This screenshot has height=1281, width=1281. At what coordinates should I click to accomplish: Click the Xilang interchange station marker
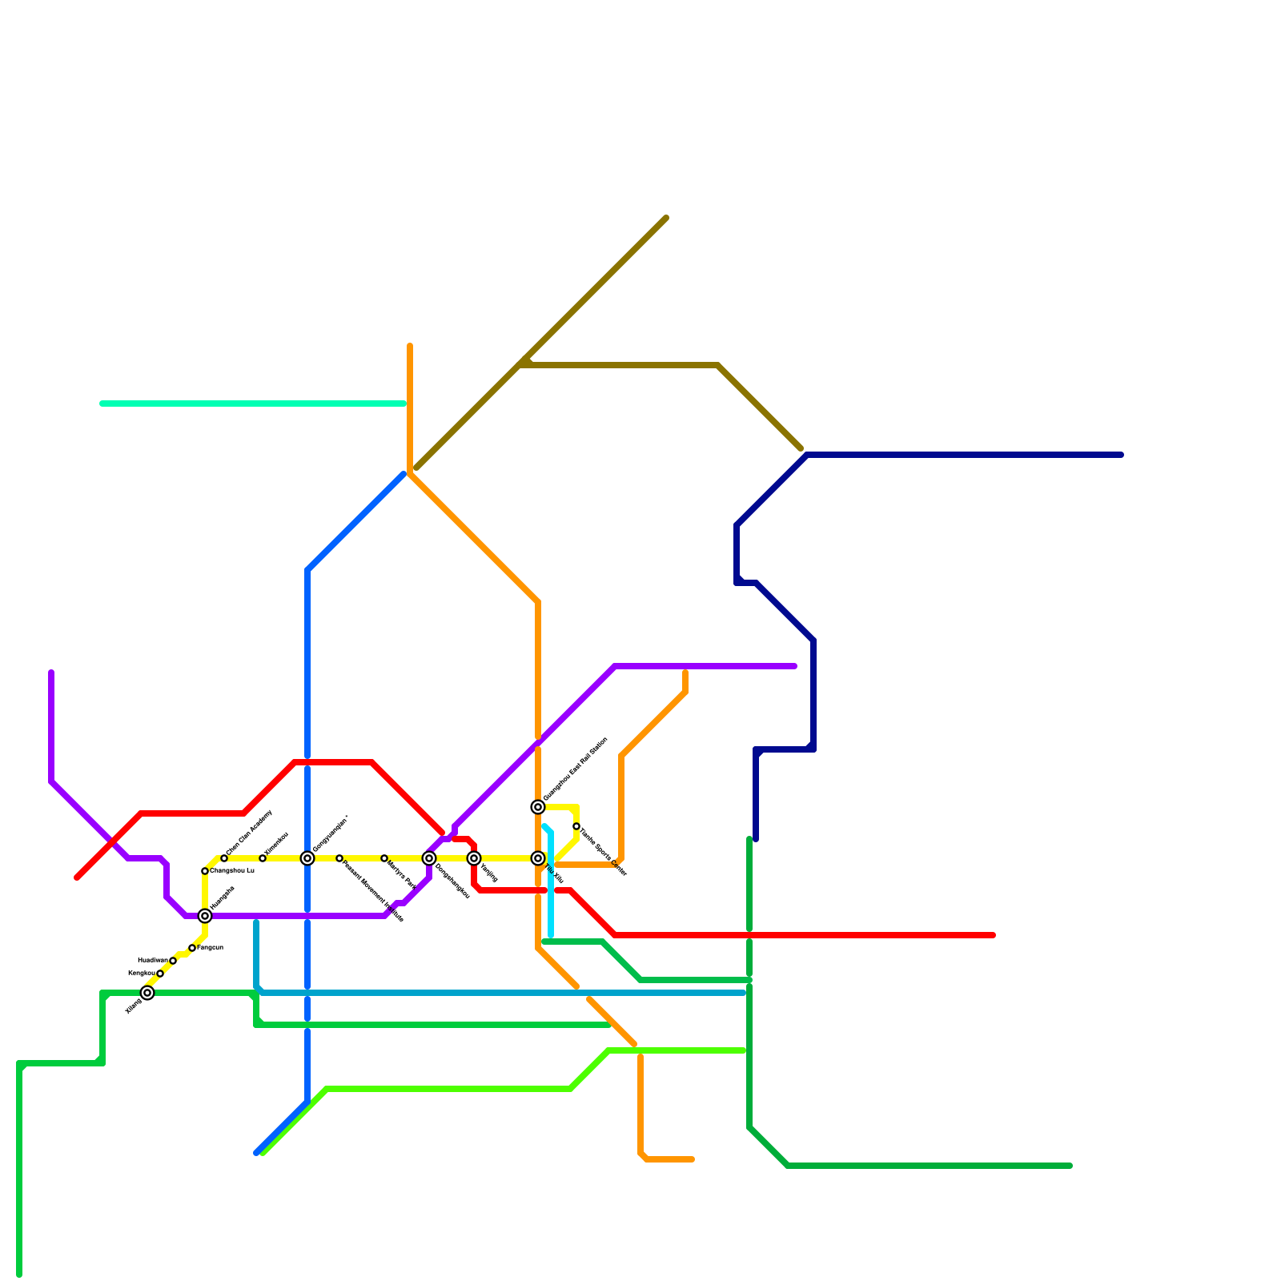pyautogui.click(x=147, y=993)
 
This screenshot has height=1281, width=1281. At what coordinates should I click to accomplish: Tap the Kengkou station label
pyautogui.click(x=141, y=973)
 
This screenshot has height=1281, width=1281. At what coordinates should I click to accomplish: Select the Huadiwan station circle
pyautogui.click(x=173, y=961)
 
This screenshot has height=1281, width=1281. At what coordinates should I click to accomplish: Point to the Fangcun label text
pyautogui.click(x=211, y=948)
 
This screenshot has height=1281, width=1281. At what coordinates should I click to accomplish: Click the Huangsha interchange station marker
pyautogui.click(x=205, y=916)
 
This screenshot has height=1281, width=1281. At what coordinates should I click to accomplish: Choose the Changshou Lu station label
pyautogui.click(x=232, y=870)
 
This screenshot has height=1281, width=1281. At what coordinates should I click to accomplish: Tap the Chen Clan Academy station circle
pyautogui.click(x=224, y=858)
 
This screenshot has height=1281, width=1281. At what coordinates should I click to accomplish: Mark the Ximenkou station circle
pyautogui.click(x=263, y=858)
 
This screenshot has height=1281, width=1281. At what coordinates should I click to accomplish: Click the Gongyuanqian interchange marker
pyautogui.click(x=307, y=858)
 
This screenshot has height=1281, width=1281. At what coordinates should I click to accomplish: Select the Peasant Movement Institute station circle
pyautogui.click(x=339, y=858)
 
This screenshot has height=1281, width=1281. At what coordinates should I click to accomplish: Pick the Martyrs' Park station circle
pyautogui.click(x=384, y=858)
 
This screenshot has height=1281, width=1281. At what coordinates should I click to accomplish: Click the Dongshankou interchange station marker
pyautogui.click(x=429, y=858)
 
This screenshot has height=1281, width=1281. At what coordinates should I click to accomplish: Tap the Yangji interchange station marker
pyautogui.click(x=474, y=858)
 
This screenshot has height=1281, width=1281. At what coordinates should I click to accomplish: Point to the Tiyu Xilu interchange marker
pyautogui.click(x=538, y=858)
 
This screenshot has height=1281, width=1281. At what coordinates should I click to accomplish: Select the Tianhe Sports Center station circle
pyautogui.click(x=576, y=826)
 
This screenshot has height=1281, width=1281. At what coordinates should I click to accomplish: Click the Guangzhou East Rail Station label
pyautogui.click(x=576, y=769)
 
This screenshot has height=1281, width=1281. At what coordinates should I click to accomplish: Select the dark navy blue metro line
pyautogui.click(x=961, y=455)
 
